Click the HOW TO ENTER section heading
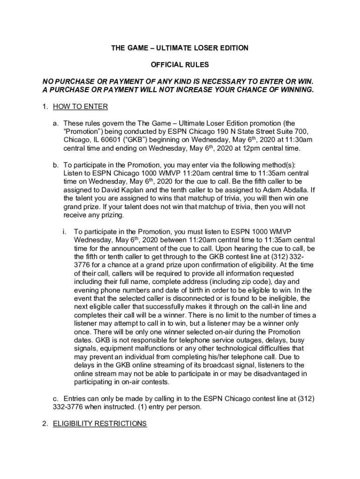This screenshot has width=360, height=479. click(x=80, y=107)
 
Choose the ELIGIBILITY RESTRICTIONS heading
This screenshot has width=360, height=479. click(x=100, y=424)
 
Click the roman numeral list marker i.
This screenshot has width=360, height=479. click(x=65, y=232)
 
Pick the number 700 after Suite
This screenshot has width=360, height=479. click(x=301, y=131)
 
